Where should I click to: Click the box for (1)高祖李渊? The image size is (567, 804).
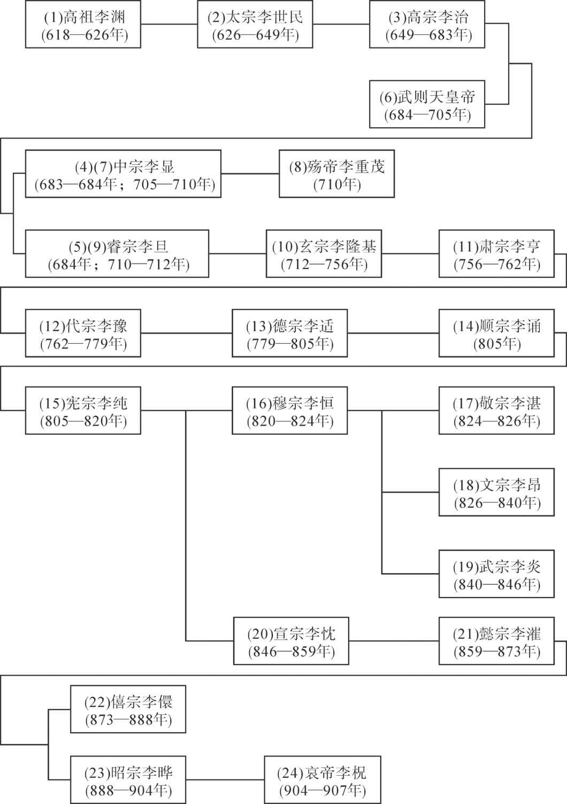tap(83, 24)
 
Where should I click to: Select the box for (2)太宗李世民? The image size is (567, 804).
tap(255, 24)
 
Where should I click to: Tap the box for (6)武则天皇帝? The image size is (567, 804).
tap(427, 104)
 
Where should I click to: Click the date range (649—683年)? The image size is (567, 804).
tap(428, 35)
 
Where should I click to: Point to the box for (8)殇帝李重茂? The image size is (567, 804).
tap(337, 174)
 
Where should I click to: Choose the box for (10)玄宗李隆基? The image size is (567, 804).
tap(324, 254)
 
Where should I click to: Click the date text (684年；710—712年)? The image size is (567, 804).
tap(118, 265)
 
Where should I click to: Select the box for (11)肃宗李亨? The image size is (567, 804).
tap(496, 254)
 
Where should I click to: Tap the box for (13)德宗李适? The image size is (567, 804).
tap(290, 333)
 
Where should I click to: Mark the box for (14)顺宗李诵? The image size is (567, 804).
tap(496, 333)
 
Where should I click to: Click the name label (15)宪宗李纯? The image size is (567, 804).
tap(83, 404)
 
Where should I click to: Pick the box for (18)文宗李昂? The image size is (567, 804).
tap(496, 492)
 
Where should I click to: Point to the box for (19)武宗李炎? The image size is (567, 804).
tap(496, 574)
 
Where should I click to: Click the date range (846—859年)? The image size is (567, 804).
tap(291, 652)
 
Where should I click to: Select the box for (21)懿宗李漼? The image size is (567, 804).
tap(496, 640)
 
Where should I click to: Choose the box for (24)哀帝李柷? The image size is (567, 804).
tap(323, 779)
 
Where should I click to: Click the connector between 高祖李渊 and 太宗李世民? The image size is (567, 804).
tap(169, 24)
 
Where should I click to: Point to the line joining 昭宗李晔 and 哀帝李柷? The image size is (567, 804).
tap(225, 779)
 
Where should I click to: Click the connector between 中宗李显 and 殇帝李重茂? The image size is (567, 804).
tap(250, 174)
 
